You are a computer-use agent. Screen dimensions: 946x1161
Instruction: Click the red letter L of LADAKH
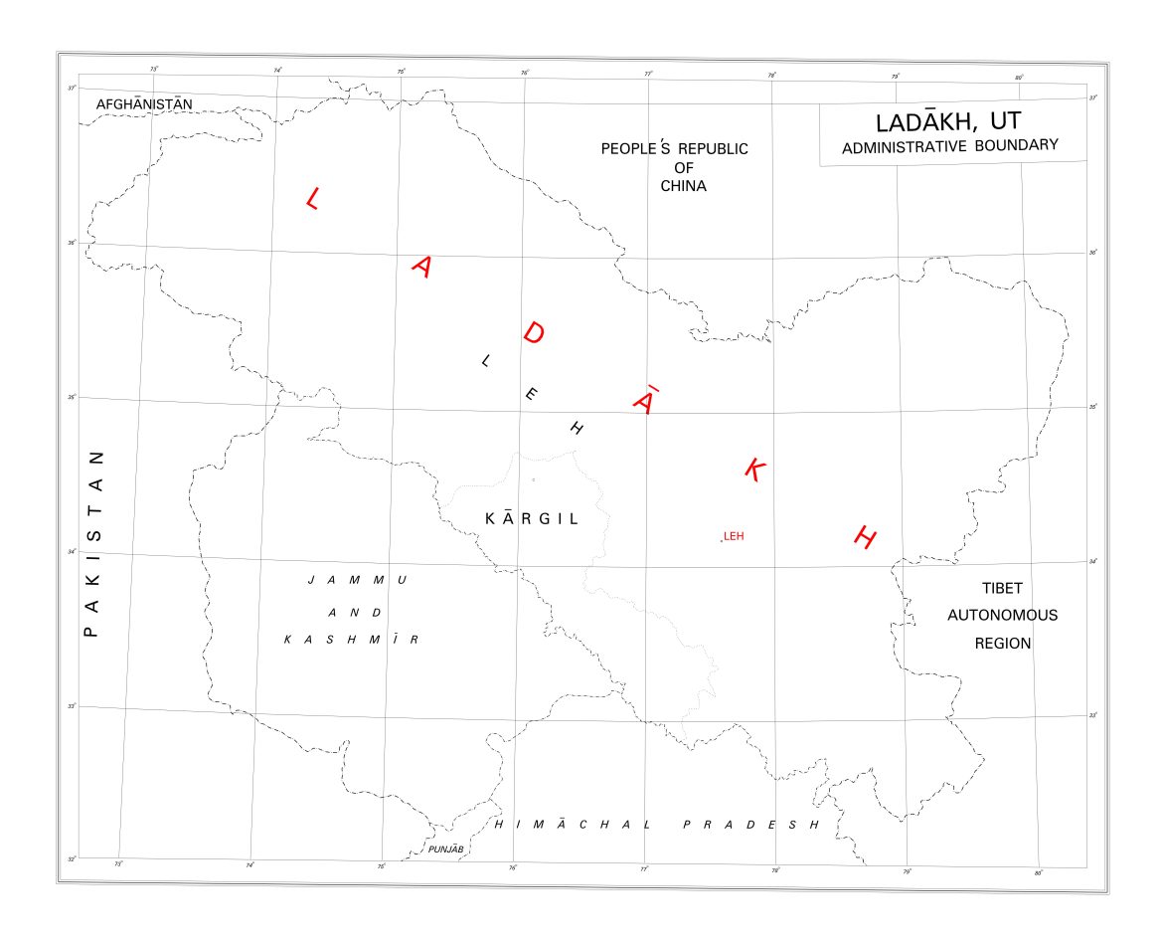click(x=312, y=198)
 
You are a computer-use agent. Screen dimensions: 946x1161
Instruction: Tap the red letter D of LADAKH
click(x=533, y=332)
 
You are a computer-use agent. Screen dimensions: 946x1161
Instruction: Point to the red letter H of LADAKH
click(x=865, y=538)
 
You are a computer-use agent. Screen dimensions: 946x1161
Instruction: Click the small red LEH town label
click(x=734, y=536)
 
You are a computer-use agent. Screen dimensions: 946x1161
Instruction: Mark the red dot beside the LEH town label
click(x=722, y=540)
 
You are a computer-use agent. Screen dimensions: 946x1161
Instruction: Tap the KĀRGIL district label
click(x=531, y=518)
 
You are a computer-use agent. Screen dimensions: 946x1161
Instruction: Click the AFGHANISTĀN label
click(x=144, y=103)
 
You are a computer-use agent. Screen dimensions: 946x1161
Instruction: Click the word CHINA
click(x=683, y=186)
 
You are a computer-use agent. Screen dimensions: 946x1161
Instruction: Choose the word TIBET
click(x=1002, y=588)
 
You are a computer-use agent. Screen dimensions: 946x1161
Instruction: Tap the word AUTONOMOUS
click(x=1002, y=615)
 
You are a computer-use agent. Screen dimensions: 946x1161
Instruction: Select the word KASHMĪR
click(x=351, y=640)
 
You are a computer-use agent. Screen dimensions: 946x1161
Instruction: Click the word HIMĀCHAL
click(x=574, y=825)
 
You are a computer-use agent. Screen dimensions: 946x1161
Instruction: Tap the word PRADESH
click(x=750, y=825)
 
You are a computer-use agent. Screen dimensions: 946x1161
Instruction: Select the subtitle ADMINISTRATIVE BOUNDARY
click(x=949, y=146)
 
